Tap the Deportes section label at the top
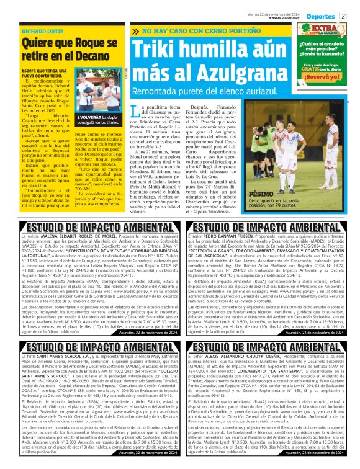coord(320,15)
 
